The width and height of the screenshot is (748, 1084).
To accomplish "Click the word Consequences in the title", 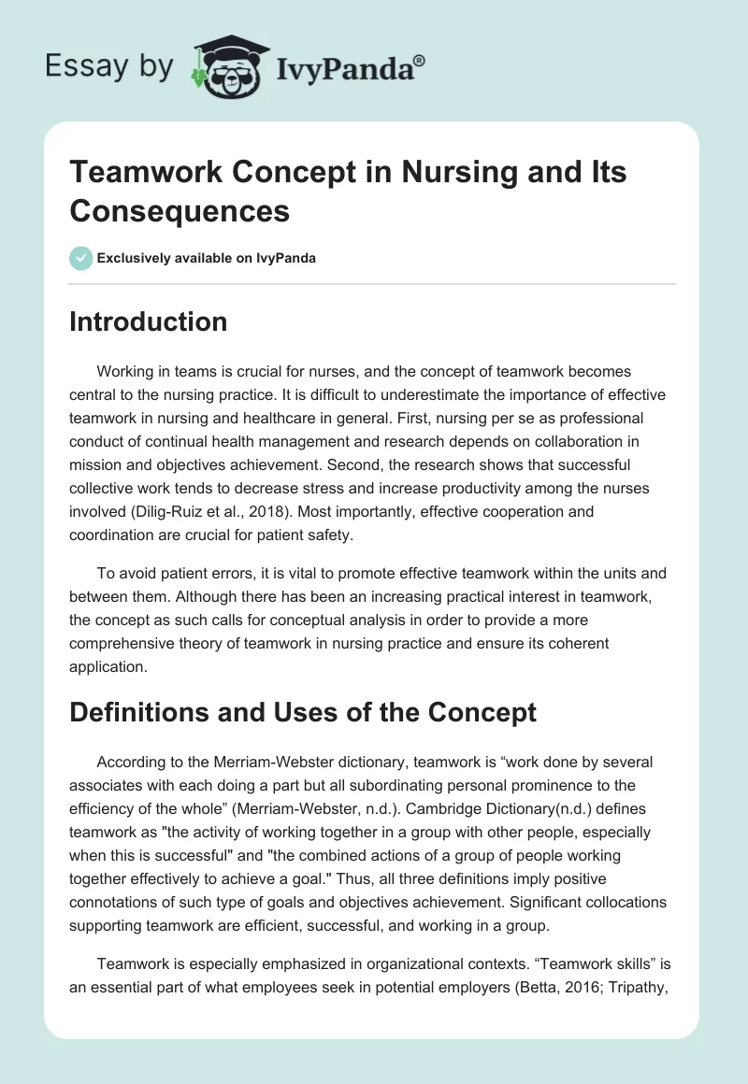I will click(x=180, y=210).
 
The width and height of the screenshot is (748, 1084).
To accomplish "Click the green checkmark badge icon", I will click(x=81, y=258).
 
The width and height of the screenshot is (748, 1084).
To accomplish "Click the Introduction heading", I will click(x=149, y=321).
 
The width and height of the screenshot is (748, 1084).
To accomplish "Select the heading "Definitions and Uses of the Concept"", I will click(x=303, y=712).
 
